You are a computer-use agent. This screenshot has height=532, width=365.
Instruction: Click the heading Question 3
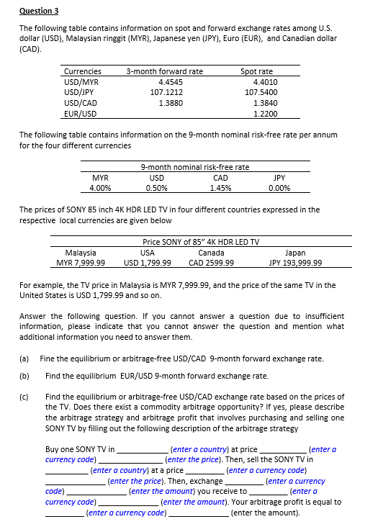[39, 11]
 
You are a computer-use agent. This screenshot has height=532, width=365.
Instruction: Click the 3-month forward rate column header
[164, 71]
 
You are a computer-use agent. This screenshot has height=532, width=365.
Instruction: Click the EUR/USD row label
[80, 114]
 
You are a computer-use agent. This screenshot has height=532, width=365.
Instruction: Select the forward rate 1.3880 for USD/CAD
[170, 103]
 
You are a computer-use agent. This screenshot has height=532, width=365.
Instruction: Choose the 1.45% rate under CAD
[221, 188]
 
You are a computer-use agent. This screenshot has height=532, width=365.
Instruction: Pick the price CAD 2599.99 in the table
[210, 262]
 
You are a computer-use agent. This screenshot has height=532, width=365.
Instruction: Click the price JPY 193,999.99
[294, 262]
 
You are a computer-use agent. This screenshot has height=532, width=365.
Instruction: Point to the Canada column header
[210, 252]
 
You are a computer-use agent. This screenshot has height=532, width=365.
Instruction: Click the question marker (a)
[24, 359]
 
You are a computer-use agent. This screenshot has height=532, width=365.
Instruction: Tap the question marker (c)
[24, 396]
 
